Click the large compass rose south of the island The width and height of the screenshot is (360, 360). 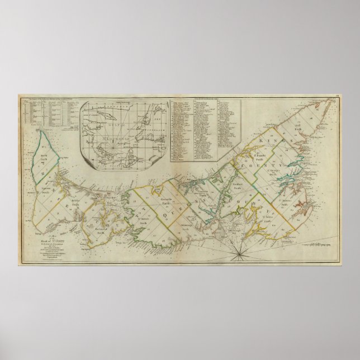(x=239, y=255)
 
